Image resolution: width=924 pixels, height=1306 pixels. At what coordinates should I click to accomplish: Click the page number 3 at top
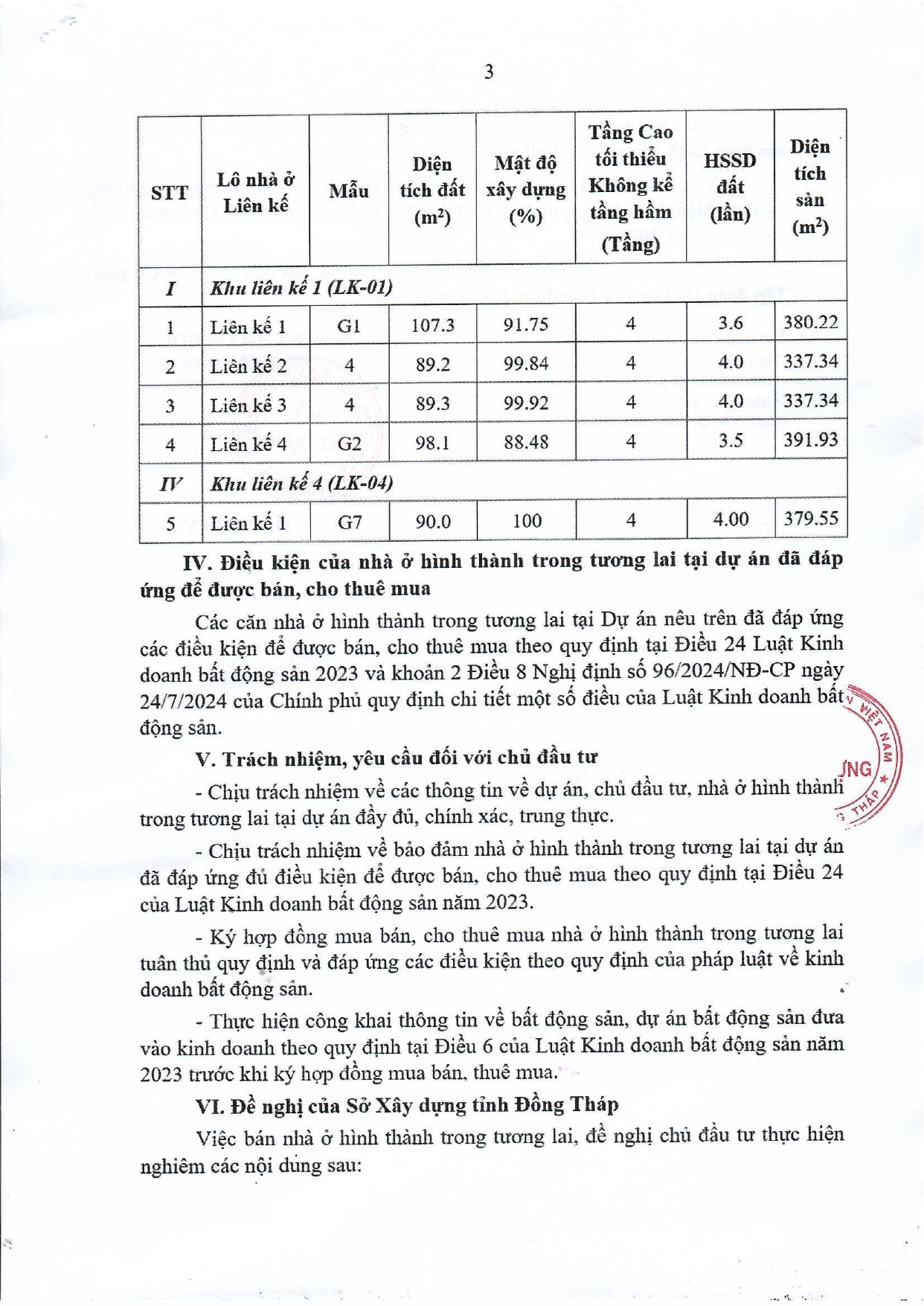click(x=489, y=72)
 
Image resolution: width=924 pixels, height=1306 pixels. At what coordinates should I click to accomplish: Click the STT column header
click(x=170, y=193)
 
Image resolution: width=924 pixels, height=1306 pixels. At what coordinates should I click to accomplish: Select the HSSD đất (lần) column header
click(x=730, y=187)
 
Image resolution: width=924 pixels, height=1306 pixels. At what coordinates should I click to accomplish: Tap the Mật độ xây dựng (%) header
click(x=525, y=189)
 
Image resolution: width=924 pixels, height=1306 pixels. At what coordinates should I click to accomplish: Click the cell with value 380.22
click(x=810, y=322)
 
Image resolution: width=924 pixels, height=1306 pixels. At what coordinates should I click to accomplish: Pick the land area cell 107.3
click(x=432, y=324)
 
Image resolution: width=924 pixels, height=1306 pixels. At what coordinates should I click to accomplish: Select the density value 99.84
click(x=525, y=364)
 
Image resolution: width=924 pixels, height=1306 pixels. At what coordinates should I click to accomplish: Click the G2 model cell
click(x=349, y=444)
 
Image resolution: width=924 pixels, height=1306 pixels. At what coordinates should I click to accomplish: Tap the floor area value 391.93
click(x=810, y=440)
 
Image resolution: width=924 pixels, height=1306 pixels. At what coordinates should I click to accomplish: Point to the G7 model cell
click(x=349, y=522)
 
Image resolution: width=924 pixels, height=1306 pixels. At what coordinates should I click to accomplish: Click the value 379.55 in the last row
click(x=810, y=518)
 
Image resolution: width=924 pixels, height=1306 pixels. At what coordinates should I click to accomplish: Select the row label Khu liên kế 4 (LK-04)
click(x=301, y=484)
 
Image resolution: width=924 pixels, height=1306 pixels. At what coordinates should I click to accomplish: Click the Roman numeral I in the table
click(x=170, y=288)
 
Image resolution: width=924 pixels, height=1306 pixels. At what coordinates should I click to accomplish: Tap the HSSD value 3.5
click(x=730, y=441)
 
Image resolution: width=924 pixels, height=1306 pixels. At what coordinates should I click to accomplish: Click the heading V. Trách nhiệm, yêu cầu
click(x=397, y=758)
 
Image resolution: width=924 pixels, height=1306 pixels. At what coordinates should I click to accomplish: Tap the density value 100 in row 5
click(x=526, y=521)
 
